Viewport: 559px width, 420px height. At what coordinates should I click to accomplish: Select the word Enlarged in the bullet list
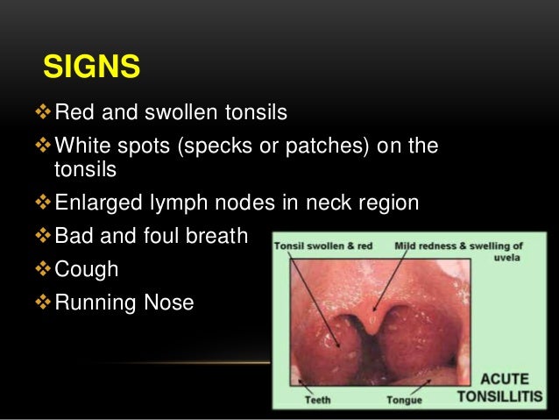95,203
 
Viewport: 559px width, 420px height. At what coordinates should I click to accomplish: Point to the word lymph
175,203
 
